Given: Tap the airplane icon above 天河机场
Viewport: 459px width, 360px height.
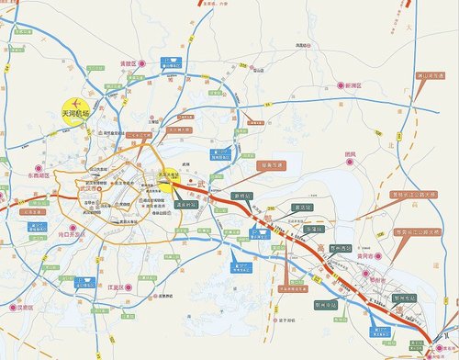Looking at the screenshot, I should click(78, 103).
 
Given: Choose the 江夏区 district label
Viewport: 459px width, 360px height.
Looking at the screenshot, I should click(118, 288).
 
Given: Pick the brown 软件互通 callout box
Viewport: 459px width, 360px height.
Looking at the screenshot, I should click(266, 165).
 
